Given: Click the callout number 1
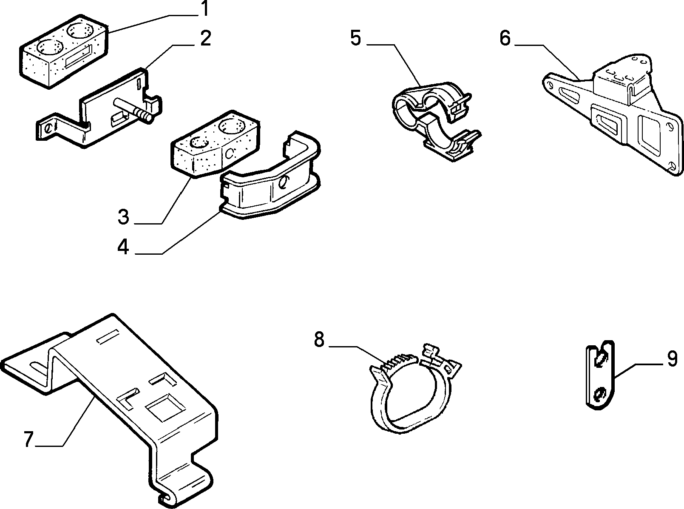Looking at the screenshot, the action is pyautogui.click(x=204, y=9).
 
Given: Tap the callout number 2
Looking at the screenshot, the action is pyautogui.click(x=205, y=38).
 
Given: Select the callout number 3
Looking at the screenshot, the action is pyautogui.click(x=123, y=216).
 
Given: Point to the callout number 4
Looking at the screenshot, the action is pyautogui.click(x=123, y=247).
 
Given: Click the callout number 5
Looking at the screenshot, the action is pyautogui.click(x=355, y=38).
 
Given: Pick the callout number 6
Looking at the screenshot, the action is pyautogui.click(x=505, y=38).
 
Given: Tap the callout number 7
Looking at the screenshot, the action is pyautogui.click(x=28, y=439).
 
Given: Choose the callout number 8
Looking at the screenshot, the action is pyautogui.click(x=319, y=339).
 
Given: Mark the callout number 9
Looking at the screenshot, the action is pyautogui.click(x=672, y=358).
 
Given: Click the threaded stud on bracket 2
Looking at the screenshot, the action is pyautogui.click(x=132, y=110).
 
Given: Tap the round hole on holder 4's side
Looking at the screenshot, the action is pyautogui.click(x=283, y=182).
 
